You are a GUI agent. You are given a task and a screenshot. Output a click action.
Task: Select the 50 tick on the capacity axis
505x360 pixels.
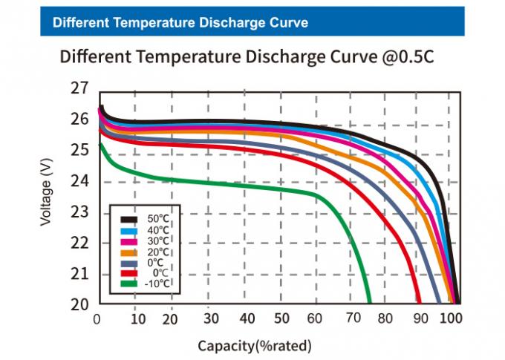(281, 319)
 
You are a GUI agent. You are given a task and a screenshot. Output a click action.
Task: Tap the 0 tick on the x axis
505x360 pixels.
(97, 319)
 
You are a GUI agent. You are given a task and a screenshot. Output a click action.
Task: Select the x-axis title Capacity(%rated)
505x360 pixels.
(254, 346)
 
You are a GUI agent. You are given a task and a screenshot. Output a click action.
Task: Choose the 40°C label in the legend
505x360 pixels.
(157, 230)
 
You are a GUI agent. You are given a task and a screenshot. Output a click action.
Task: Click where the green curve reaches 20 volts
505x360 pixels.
(369, 302)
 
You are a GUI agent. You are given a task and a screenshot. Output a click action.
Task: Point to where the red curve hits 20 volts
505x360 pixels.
(420, 302)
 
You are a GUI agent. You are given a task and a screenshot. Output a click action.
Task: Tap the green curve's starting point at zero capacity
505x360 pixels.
(100, 144)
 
